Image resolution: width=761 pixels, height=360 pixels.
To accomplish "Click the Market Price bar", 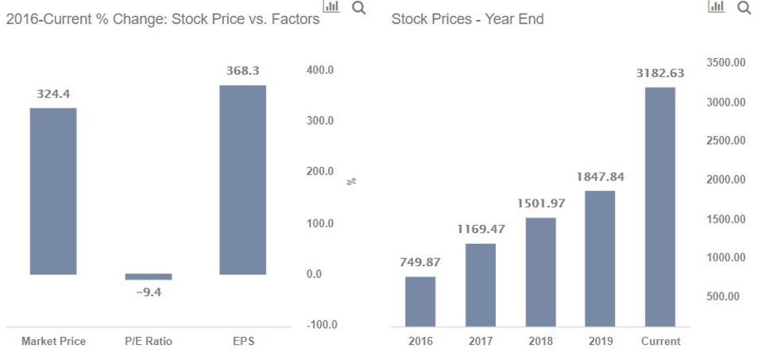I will [x=53, y=191].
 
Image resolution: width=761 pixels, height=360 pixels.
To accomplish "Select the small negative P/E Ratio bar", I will [x=149, y=277].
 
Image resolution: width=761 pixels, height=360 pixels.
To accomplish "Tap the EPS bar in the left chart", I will [x=243, y=180].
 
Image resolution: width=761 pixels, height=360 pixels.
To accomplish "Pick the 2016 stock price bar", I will [x=420, y=301].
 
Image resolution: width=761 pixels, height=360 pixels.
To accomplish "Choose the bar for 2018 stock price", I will [x=541, y=272].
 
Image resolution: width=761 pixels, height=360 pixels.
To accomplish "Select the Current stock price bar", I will [x=660, y=207].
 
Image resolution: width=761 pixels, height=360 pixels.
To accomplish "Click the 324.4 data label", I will [x=53, y=94].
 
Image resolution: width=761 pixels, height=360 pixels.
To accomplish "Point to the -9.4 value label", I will [x=149, y=292].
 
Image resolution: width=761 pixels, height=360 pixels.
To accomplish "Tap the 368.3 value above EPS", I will [x=243, y=72].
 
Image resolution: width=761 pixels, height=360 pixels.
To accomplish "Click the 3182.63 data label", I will [x=660, y=73].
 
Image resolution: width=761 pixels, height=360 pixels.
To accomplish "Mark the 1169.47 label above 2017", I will [x=481, y=229].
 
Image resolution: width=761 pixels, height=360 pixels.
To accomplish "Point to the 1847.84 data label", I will [x=600, y=176].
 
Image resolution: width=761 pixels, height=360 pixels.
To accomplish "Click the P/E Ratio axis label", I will [x=149, y=341].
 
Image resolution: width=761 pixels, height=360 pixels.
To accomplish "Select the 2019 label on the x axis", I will [x=600, y=341].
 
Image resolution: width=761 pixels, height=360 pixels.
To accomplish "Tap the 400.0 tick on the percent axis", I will [x=319, y=71].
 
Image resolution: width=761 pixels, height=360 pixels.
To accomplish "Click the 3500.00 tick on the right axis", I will [x=725, y=63].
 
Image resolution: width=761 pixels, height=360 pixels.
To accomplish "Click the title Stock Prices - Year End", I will [x=467, y=19].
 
